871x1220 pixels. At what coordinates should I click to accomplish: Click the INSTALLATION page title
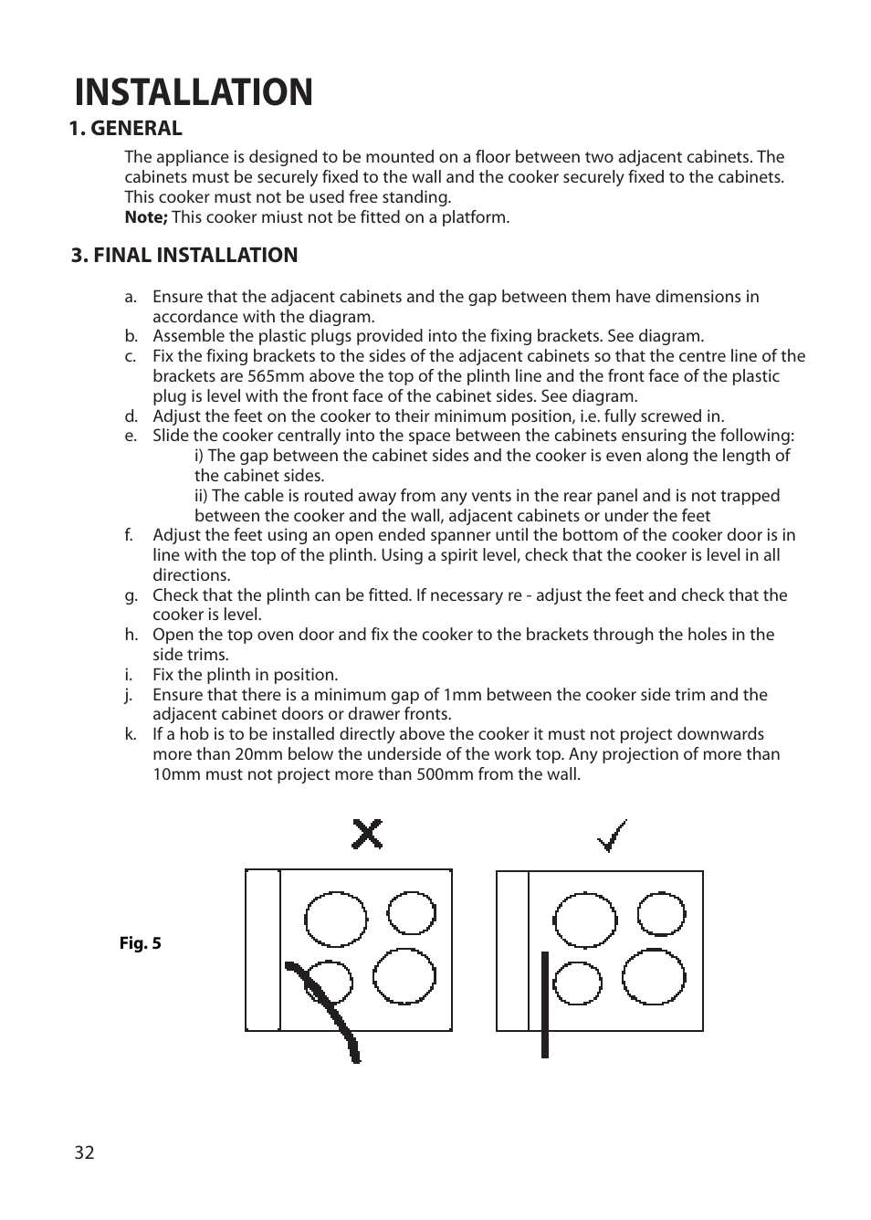point(194,92)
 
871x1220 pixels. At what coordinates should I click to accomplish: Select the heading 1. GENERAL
point(126,128)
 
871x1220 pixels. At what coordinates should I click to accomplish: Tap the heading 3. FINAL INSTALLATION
point(184,255)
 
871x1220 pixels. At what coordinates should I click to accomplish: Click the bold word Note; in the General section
point(146,217)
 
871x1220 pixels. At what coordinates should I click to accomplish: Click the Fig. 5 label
point(141,943)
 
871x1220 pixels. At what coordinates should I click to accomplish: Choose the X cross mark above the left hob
point(367,834)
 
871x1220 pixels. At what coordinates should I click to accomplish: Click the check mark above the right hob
point(613,835)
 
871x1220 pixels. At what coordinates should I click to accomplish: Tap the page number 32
point(84,1152)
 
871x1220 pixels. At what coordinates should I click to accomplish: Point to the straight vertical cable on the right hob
point(545,1004)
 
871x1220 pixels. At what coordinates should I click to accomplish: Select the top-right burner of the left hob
point(411,912)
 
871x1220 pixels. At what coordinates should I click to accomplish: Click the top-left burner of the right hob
point(586,920)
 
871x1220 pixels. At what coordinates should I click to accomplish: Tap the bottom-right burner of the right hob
point(654,976)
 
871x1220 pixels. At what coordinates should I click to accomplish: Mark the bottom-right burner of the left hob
point(404,976)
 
